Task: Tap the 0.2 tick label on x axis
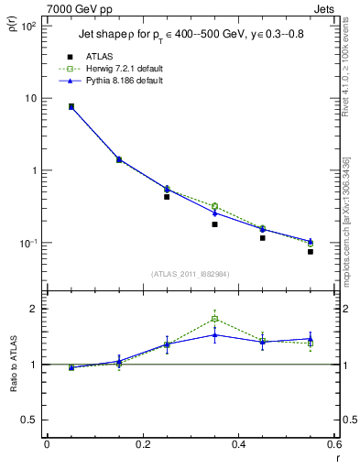pos(142,444)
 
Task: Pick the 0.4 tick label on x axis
pos(238,444)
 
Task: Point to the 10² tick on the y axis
pos(27,26)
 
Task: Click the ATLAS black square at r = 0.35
pos(214,224)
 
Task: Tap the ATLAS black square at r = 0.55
pos(311,251)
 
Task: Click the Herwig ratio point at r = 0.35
pos(214,319)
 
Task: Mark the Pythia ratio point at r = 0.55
pos(311,338)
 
